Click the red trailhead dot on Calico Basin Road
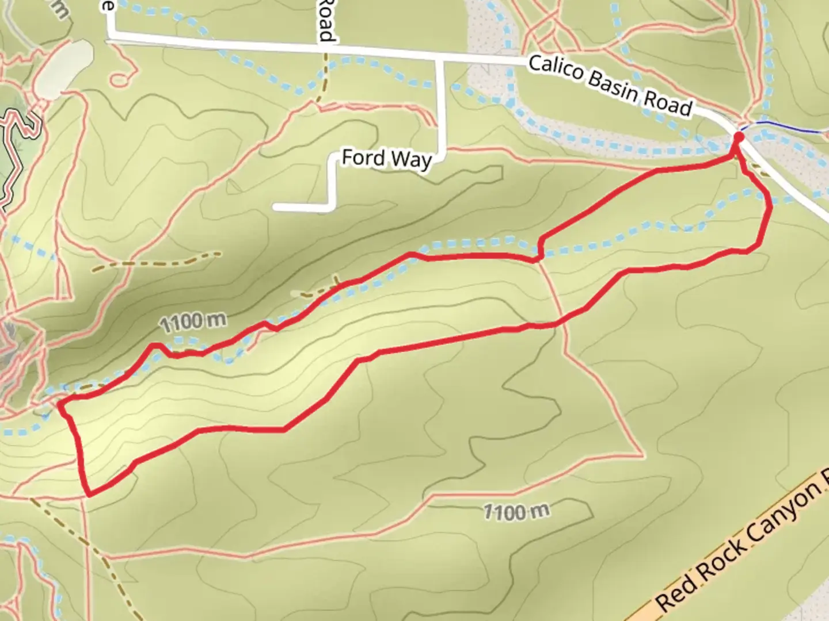(738, 137)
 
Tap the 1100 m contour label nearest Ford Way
(193, 322)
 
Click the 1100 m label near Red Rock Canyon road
(516, 511)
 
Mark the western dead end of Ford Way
(275, 207)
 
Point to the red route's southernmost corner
(89, 493)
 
